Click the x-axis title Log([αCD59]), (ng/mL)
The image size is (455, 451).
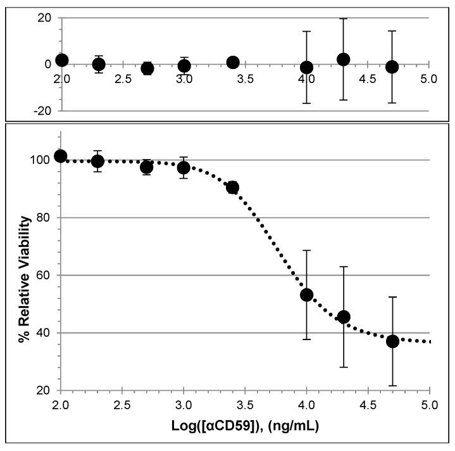tap(245, 426)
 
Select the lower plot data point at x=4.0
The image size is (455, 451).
tap(307, 295)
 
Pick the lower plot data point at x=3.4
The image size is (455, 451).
tap(233, 187)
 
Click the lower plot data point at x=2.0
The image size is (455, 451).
tap(61, 156)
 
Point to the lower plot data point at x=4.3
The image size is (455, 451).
tap(344, 317)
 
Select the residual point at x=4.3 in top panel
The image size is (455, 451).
tap(344, 60)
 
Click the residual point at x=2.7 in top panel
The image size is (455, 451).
tap(147, 68)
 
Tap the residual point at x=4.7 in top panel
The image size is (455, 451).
tap(392, 67)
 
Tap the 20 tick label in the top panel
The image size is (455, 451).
tap(44, 18)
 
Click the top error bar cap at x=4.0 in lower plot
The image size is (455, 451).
tap(307, 251)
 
